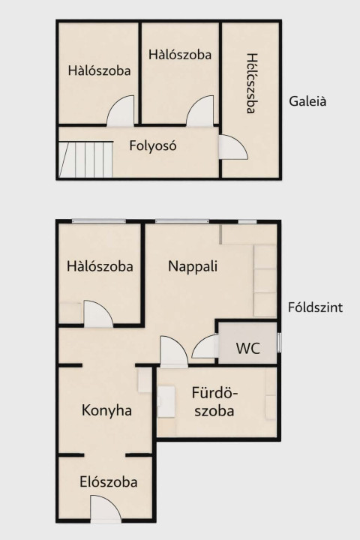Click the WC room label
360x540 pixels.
click(x=248, y=348)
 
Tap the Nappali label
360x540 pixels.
click(x=193, y=266)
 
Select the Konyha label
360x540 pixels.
click(x=106, y=410)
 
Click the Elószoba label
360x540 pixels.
click(x=109, y=482)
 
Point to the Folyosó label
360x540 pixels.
click(x=153, y=145)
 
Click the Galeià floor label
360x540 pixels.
click(x=307, y=101)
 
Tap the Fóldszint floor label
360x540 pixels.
click(x=315, y=307)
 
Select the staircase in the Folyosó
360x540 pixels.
click(x=85, y=159)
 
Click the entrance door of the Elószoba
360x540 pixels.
click(x=106, y=507)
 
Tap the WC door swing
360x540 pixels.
click(x=205, y=346)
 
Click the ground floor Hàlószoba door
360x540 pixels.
click(x=98, y=313)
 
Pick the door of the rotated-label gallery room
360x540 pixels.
click(x=233, y=147)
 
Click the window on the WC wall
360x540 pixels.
click(x=280, y=343)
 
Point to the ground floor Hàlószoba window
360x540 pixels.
click(x=99, y=221)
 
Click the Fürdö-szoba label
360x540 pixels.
click(x=214, y=402)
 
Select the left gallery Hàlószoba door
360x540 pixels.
click(x=120, y=111)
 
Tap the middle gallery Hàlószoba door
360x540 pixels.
click(x=200, y=111)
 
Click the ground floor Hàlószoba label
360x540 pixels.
click(x=100, y=266)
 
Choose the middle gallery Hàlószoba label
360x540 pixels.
click(x=180, y=55)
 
